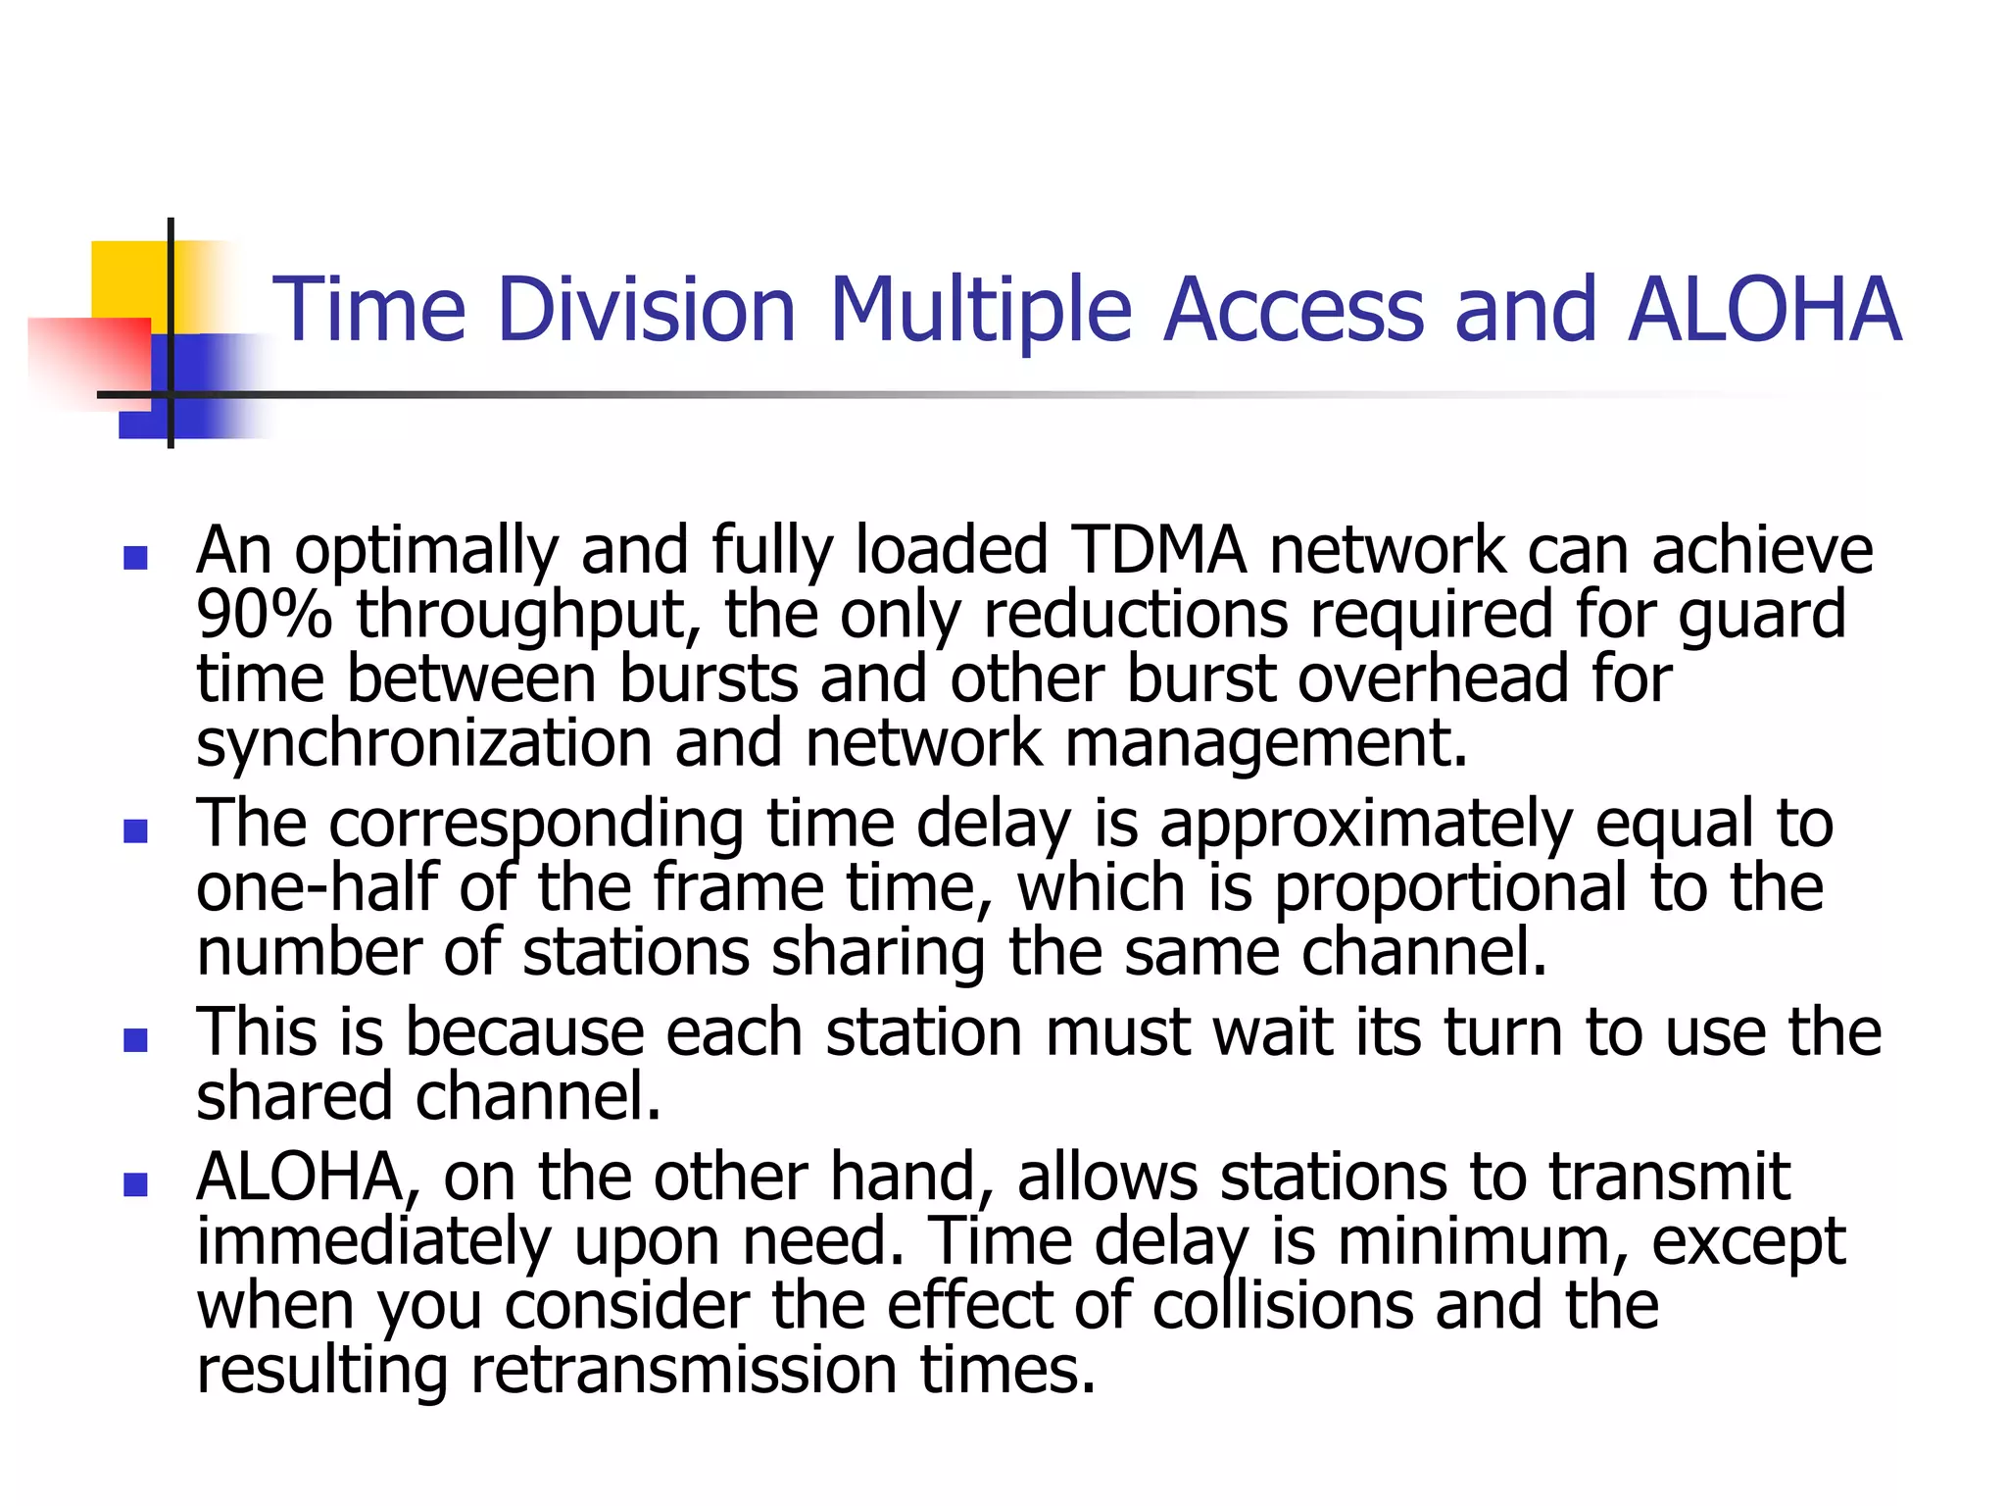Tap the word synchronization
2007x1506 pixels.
point(423,743)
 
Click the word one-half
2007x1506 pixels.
point(317,887)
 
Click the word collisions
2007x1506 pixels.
point(1283,1306)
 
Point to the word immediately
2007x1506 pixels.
point(374,1243)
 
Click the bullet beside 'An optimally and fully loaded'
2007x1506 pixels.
point(135,559)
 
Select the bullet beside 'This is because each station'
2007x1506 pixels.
point(135,1039)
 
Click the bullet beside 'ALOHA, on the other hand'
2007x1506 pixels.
point(135,1184)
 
